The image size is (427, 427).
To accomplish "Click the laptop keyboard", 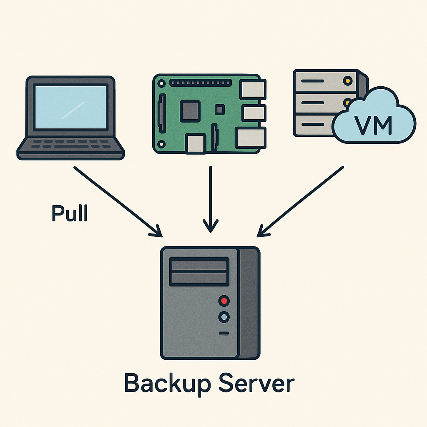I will (x=70, y=145).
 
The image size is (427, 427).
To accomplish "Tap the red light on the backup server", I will (x=224, y=300).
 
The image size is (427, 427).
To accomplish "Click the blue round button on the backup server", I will (x=224, y=317).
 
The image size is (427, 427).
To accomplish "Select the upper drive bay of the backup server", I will (x=199, y=264).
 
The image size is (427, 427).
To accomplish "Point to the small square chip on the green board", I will (x=219, y=110).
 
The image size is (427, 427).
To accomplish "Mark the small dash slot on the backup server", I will (x=224, y=333).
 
